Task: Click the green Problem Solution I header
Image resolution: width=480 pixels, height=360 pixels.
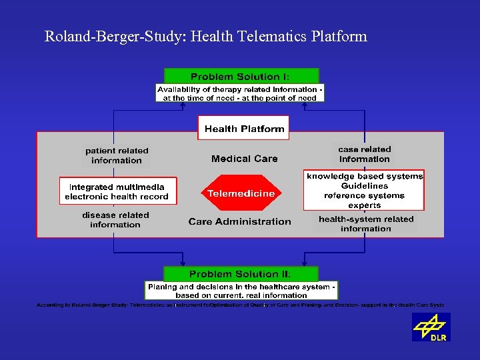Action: tap(241, 76)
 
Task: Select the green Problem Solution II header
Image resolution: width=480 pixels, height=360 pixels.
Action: tap(241, 274)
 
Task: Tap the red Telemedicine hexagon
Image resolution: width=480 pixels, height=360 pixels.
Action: tap(240, 193)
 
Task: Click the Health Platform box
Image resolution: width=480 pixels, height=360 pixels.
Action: tap(244, 129)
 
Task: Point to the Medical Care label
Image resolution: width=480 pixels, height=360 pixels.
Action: tap(244, 159)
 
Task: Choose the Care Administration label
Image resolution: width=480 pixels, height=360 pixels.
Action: tap(239, 221)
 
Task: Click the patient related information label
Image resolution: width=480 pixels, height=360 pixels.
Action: tap(117, 155)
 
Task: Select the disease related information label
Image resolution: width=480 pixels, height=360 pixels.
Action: tap(115, 220)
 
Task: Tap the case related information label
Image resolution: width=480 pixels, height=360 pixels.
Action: tap(364, 154)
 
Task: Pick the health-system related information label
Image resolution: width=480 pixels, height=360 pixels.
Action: tap(365, 223)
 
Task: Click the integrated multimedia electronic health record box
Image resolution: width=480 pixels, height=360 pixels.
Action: tap(118, 191)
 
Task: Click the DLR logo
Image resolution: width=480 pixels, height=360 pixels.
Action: tap(431, 327)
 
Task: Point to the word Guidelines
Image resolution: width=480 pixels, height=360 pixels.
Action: tap(364, 186)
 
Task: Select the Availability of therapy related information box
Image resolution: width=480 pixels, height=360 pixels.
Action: tap(240, 93)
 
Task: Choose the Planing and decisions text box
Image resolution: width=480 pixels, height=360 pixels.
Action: tap(241, 291)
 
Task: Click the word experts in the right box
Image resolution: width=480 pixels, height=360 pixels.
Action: tap(364, 205)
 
